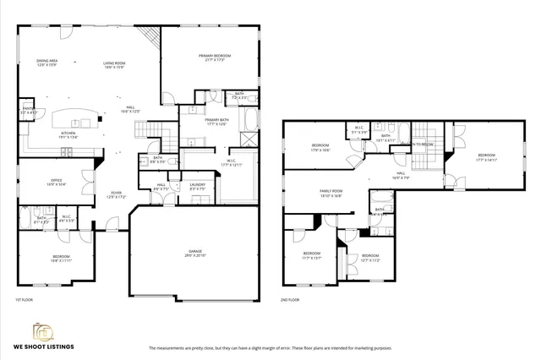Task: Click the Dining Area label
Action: coord(46,62)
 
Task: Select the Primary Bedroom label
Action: coord(215,57)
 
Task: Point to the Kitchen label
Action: coord(68,134)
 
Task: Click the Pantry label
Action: coord(28,109)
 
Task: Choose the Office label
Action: coord(57,181)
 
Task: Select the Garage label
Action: coord(196,252)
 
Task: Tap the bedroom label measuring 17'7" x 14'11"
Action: coord(486,156)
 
